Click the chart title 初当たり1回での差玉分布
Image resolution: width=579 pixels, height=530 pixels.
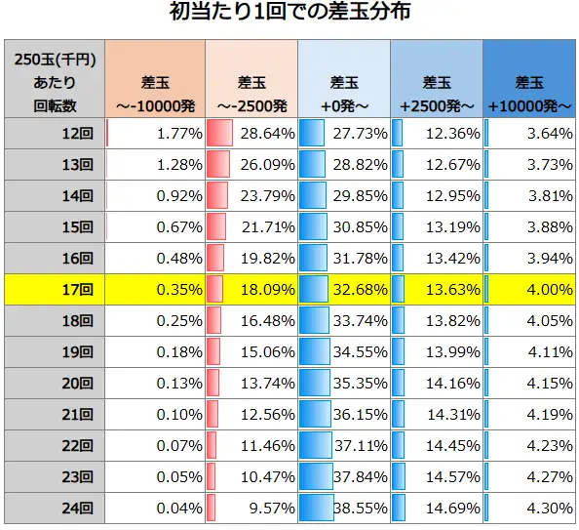tap(289, 14)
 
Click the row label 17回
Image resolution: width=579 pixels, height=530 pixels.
tap(74, 289)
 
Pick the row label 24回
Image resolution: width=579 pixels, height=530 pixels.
tap(74, 508)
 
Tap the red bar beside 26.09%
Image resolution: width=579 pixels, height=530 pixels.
tap(217, 164)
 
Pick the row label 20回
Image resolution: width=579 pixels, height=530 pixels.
tap(74, 383)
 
